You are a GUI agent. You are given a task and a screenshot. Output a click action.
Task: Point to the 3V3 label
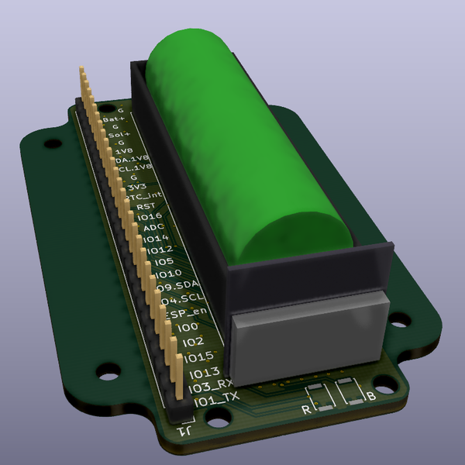pyautogui.click(x=137, y=187)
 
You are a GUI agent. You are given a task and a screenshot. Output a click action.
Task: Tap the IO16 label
pyautogui.click(x=149, y=217)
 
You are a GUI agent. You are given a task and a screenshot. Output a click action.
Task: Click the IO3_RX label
pyautogui.click(x=211, y=384)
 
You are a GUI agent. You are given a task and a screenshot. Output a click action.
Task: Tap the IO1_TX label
pyautogui.click(x=217, y=400)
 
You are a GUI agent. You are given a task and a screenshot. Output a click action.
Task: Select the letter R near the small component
pyautogui.click(x=305, y=408)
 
